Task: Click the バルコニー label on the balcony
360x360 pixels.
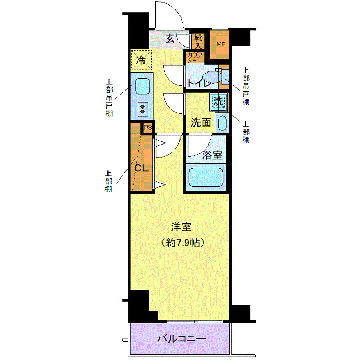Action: tap(182, 339)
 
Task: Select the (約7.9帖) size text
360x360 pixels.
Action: tap(182, 242)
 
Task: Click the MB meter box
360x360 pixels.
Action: tap(220, 44)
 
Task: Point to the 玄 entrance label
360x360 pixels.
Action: tap(170, 38)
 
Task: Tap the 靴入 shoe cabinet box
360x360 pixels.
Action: tap(198, 41)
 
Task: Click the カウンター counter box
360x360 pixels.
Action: tap(195, 57)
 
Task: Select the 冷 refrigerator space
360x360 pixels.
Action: tap(141, 60)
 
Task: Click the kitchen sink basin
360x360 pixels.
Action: tap(142, 86)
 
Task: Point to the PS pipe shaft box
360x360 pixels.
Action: tap(148, 128)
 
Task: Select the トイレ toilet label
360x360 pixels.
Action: tap(197, 83)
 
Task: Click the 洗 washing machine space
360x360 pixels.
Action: tap(218, 101)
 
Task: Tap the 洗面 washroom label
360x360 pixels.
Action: tap(201, 122)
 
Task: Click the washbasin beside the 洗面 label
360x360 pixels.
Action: tap(222, 122)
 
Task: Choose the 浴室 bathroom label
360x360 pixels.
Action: tap(212, 154)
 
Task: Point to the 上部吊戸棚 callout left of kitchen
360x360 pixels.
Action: tap(110, 98)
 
